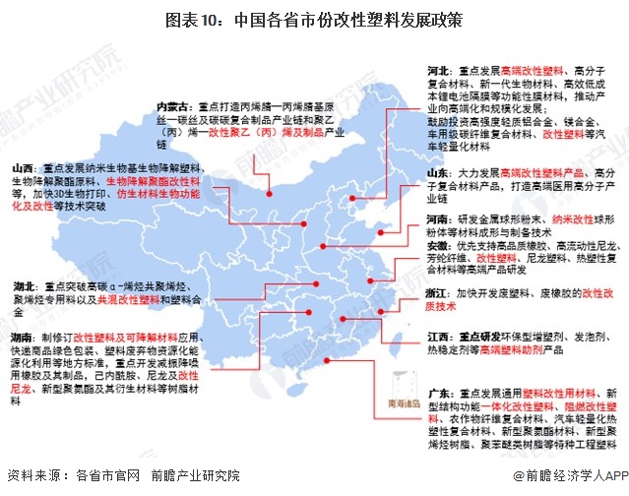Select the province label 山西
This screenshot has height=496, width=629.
[x=25, y=168]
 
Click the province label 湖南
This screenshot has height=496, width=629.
[x=25, y=336]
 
